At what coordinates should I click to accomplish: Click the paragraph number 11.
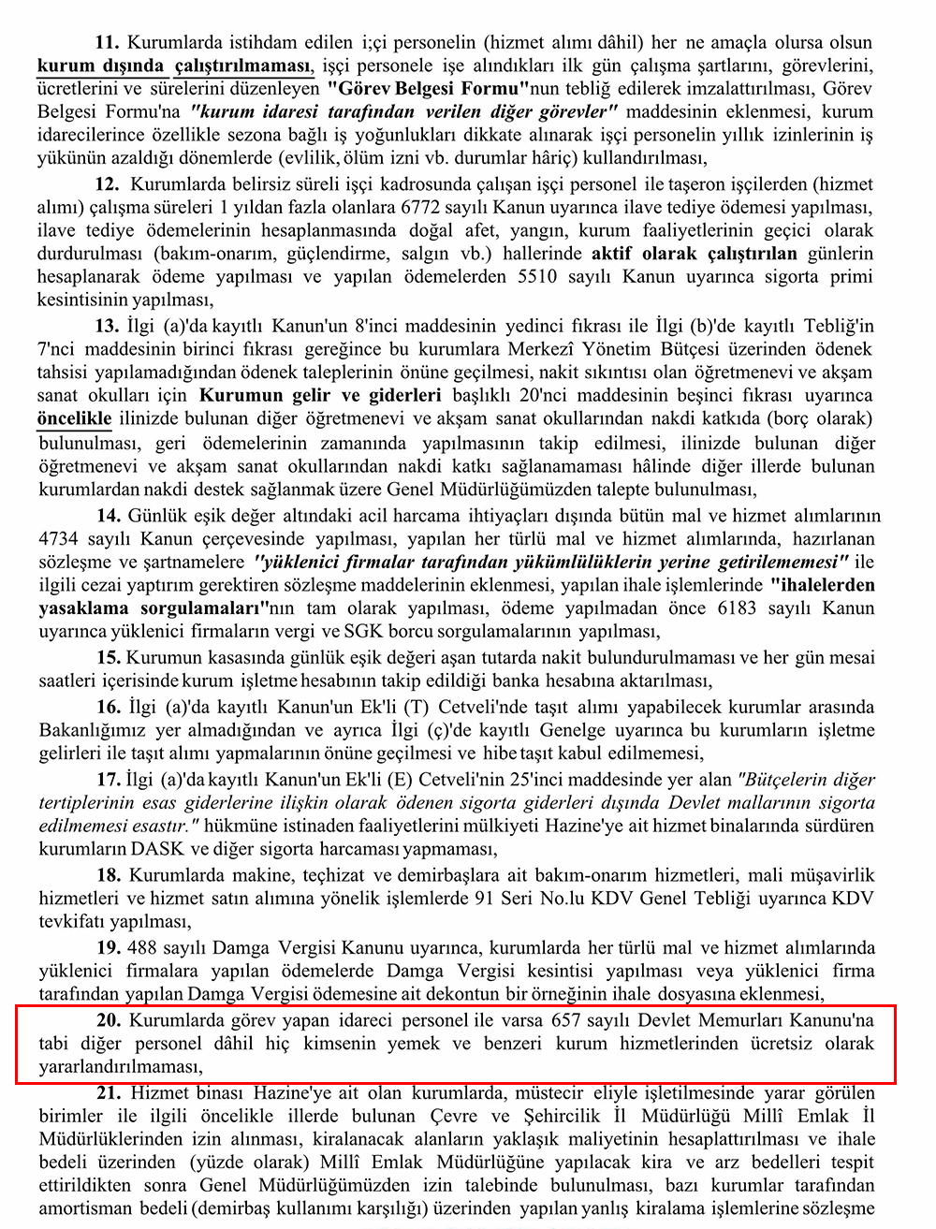[x=107, y=42]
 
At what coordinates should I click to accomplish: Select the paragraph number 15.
[x=109, y=658]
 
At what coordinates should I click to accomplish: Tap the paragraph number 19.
[x=109, y=947]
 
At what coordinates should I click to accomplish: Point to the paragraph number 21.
[x=110, y=1092]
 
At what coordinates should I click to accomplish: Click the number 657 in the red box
[x=573, y=1019]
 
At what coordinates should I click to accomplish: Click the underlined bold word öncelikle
[x=74, y=418]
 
